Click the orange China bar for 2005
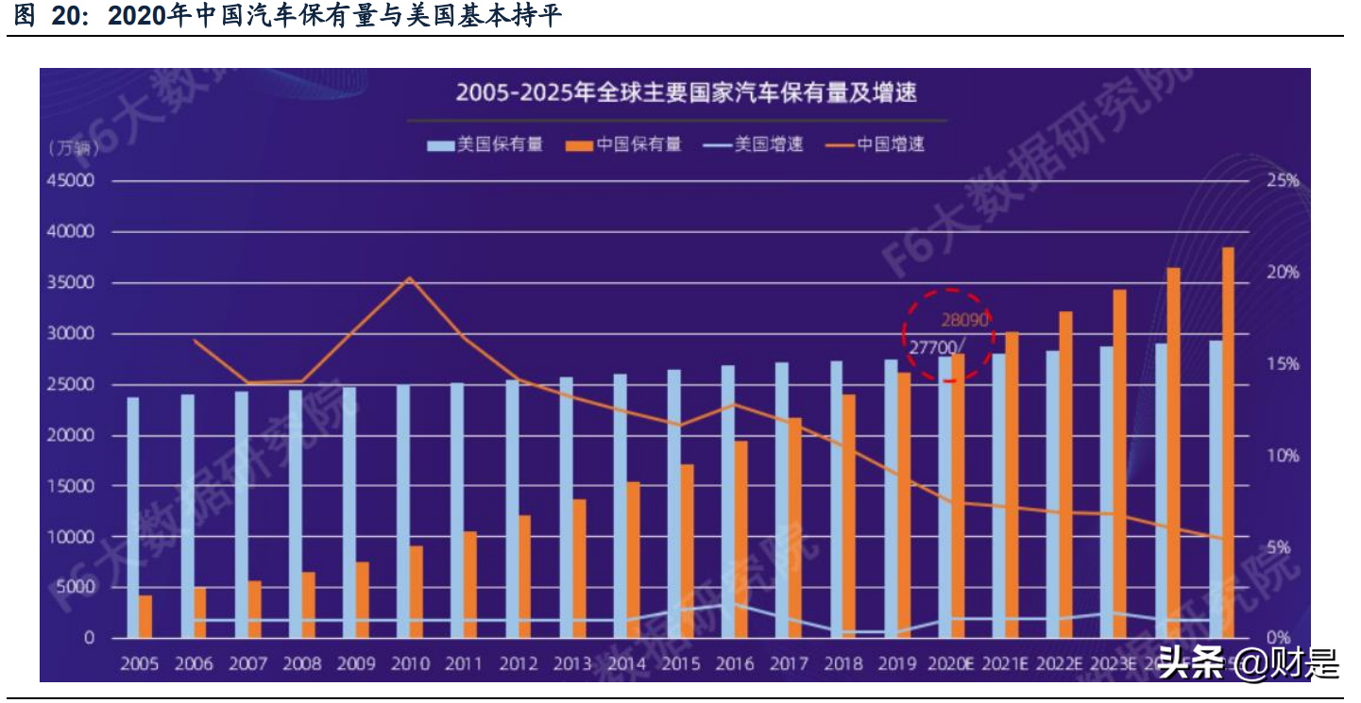tap(145, 616)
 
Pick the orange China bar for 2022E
tap(1065, 475)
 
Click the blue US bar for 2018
tap(836, 499)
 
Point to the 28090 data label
tap(964, 321)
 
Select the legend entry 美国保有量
tap(485, 144)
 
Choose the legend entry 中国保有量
tap(624, 144)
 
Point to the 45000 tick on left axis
tap(71, 180)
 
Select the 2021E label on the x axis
tap(1004, 663)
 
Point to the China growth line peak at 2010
tap(409, 277)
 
